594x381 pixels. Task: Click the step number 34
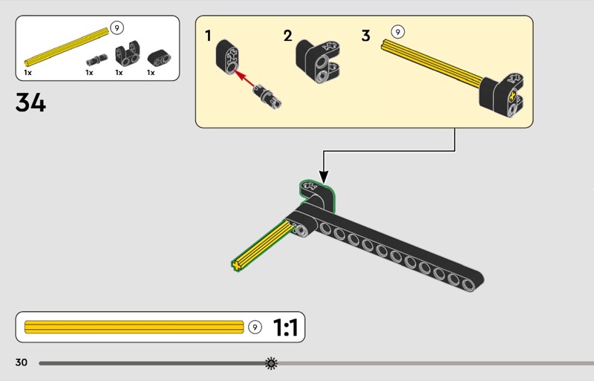pyautogui.click(x=30, y=102)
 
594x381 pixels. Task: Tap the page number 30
pyautogui.click(x=21, y=362)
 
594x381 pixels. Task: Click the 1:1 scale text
pyautogui.click(x=285, y=328)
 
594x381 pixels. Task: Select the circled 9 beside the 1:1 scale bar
pyautogui.click(x=255, y=328)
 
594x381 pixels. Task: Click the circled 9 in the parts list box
pyautogui.click(x=117, y=27)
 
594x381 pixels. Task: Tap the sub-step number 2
pyautogui.click(x=287, y=35)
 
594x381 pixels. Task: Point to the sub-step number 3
pyautogui.click(x=365, y=35)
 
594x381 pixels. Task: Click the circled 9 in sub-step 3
pyautogui.click(x=398, y=32)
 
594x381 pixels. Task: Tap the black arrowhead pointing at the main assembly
pyautogui.click(x=323, y=176)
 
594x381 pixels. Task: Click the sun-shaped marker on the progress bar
pyautogui.click(x=271, y=363)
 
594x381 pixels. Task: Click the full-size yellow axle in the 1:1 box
pyautogui.click(x=134, y=328)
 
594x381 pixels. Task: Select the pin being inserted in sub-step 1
pyautogui.click(x=266, y=96)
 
